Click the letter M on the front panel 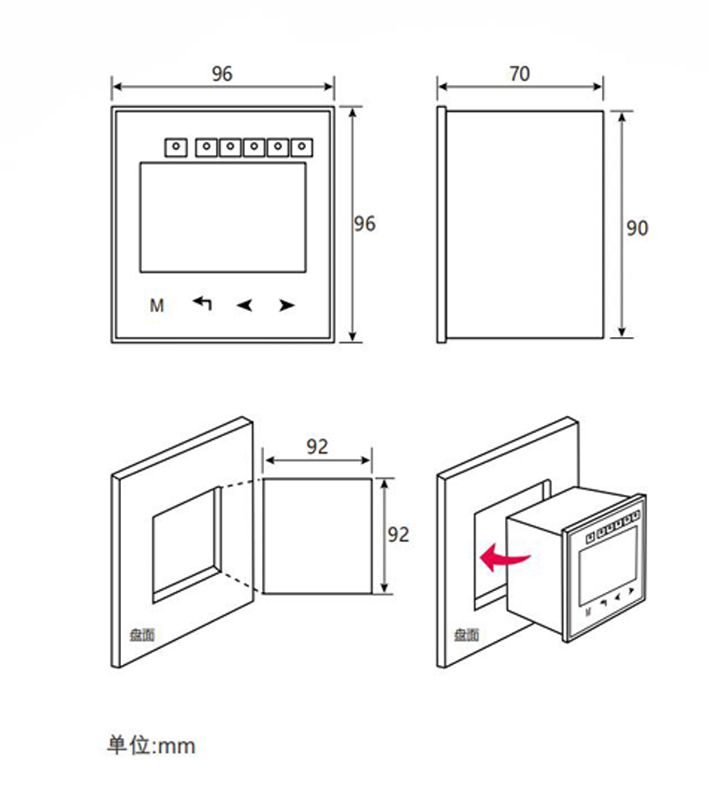(x=156, y=306)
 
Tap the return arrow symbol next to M (x=202, y=303)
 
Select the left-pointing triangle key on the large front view (x=244, y=306)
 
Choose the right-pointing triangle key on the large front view (x=286, y=306)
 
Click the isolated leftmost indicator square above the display (x=175, y=147)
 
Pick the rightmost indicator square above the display (x=302, y=147)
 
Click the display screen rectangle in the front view (x=222, y=217)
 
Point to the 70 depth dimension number (x=519, y=74)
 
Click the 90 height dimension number (x=637, y=228)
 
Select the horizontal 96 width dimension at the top (x=222, y=74)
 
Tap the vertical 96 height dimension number (x=365, y=224)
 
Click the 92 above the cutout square (x=317, y=447)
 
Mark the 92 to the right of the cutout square (x=399, y=535)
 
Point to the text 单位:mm (x=151, y=745)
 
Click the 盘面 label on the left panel (x=142, y=635)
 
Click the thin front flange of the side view (x=441, y=224)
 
